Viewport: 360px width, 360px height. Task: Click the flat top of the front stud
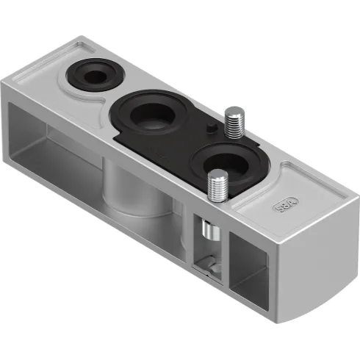point(217,175)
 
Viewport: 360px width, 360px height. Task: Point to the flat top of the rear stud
point(234,111)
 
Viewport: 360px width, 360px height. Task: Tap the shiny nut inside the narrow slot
point(211,233)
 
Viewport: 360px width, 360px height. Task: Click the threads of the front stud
point(217,192)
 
